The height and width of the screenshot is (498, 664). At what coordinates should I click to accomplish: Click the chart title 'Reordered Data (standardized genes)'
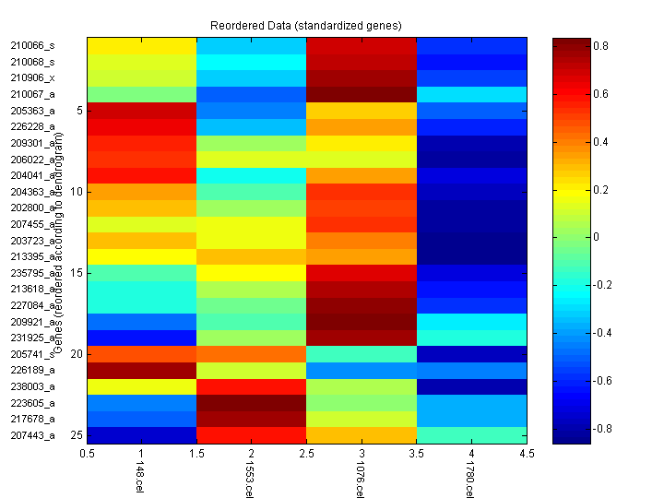[x=304, y=24]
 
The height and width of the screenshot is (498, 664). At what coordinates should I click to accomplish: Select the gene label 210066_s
[x=32, y=45]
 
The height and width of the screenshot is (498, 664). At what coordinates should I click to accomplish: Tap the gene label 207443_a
[x=32, y=435]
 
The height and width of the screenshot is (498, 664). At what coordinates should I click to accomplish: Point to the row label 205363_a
[x=32, y=110]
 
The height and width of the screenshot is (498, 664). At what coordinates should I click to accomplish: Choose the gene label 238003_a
[x=32, y=386]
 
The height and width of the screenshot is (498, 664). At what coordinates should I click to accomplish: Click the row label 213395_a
[x=32, y=256]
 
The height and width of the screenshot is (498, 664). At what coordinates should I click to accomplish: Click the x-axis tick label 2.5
[x=306, y=454]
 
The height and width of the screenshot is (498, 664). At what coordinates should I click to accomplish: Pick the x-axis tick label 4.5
[x=526, y=454]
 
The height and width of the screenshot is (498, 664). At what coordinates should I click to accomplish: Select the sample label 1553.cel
[x=250, y=480]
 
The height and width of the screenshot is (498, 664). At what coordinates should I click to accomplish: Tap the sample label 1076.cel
[x=360, y=480]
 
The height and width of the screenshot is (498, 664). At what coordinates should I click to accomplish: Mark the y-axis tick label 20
[x=77, y=354]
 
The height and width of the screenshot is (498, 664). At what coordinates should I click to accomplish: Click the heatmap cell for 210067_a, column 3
[x=362, y=94]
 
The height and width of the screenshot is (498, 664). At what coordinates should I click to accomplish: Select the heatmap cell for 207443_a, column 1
[x=142, y=435]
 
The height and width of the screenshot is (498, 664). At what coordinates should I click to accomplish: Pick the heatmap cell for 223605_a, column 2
[x=252, y=403]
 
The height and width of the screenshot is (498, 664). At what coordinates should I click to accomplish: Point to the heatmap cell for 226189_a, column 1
[x=142, y=370]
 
